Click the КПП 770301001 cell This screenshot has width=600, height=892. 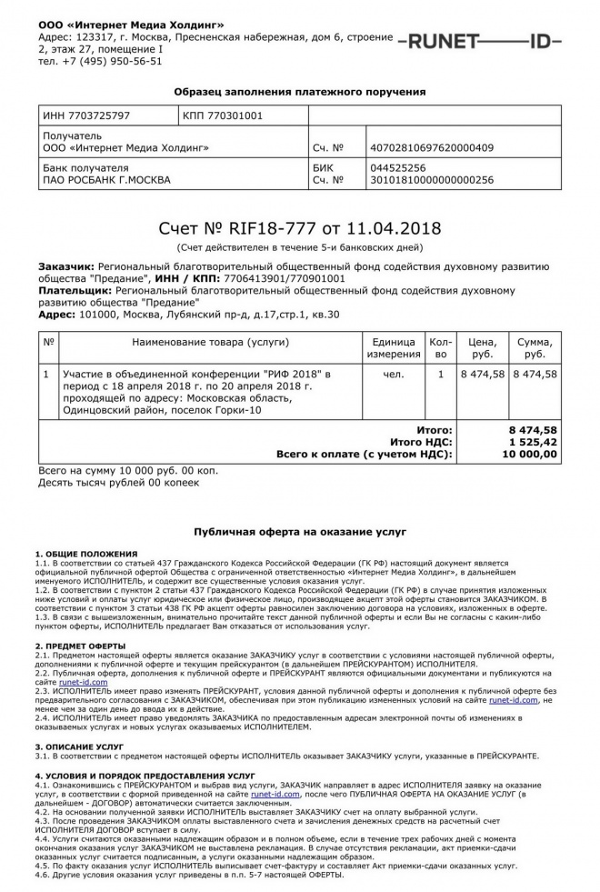(223, 116)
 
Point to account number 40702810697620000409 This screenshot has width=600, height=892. (432, 147)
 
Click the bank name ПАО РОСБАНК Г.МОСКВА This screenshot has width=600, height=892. (106, 180)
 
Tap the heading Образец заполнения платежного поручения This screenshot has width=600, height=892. (300, 92)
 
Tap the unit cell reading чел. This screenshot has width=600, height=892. (394, 374)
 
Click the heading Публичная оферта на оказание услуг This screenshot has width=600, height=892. (300, 530)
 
